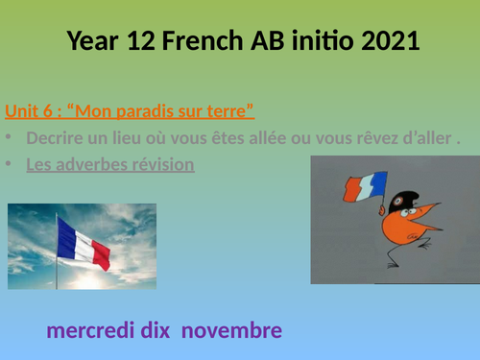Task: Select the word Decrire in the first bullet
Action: (x=53, y=137)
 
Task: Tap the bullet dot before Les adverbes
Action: (x=10, y=164)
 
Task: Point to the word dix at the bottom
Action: (x=155, y=331)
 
